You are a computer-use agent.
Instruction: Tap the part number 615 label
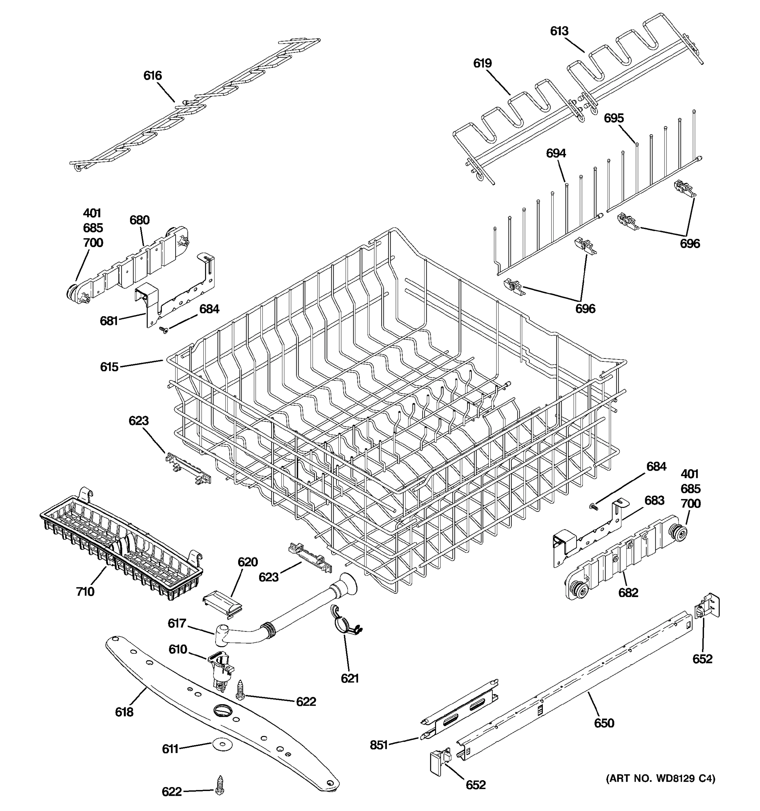point(109,367)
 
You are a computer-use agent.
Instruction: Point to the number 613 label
point(559,31)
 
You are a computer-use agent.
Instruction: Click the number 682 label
point(628,592)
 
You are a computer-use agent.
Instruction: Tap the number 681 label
point(109,321)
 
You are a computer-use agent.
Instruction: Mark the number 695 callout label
point(614,118)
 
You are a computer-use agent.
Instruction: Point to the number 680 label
point(140,220)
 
